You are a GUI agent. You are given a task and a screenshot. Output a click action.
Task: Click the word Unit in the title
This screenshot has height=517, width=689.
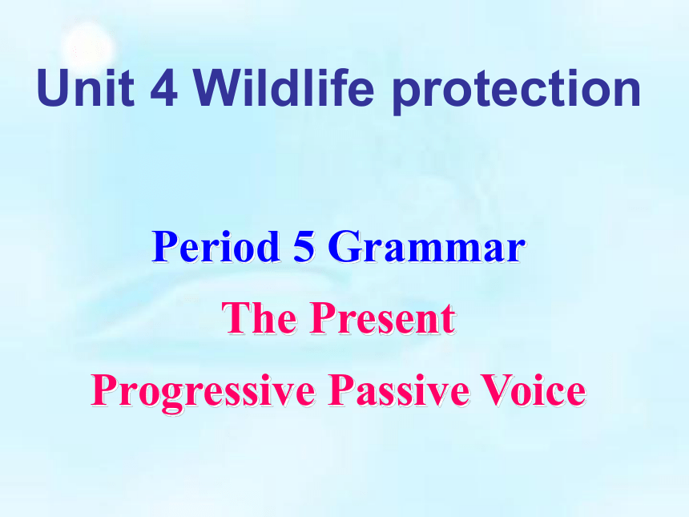click(86, 88)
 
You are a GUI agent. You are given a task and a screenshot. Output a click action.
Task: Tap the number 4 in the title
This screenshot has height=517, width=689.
click(164, 88)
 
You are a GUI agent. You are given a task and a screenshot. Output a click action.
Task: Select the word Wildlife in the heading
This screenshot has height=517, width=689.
click(284, 87)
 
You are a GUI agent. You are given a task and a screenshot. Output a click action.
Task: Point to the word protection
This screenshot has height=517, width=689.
click(517, 91)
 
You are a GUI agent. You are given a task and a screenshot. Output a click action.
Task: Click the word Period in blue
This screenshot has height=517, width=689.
click(216, 246)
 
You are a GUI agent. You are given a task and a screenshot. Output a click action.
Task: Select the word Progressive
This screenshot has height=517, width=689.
click(203, 392)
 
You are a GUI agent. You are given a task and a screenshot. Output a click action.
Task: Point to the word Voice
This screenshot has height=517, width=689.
click(533, 390)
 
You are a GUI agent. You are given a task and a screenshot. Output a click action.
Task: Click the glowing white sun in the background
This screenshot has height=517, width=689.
click(89, 47)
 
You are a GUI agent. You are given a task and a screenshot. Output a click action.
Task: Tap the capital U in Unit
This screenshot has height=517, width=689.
click(53, 88)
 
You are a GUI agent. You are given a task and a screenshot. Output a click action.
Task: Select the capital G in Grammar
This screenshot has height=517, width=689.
click(344, 247)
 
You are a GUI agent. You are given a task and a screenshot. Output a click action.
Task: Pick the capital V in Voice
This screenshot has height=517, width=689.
click(496, 390)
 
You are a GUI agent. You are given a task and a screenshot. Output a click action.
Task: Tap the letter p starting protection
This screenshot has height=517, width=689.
click(405, 97)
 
